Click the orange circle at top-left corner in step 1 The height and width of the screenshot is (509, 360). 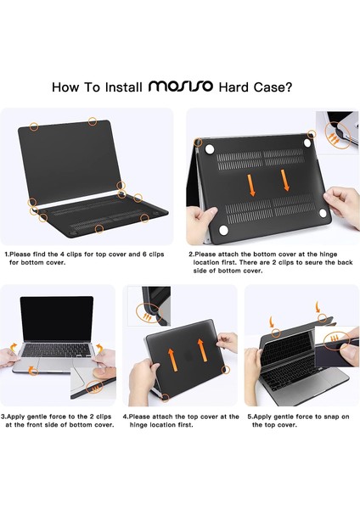[34, 126]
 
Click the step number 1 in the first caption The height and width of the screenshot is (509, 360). [7, 253]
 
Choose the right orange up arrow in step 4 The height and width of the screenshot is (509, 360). [201, 346]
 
